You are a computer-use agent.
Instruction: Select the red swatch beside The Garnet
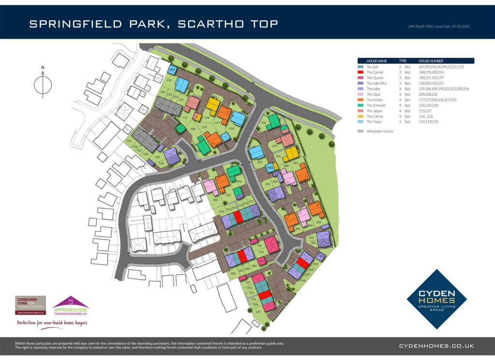360,72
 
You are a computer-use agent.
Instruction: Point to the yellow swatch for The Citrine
360,116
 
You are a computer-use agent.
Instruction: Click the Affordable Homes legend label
380,131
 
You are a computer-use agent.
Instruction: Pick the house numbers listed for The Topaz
429,122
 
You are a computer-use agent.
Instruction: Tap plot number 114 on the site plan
169,80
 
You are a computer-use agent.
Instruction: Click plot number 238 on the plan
263,123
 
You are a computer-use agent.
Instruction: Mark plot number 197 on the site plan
258,312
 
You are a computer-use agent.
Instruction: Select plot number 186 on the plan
233,274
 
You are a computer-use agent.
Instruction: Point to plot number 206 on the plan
319,222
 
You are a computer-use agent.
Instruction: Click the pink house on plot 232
210,186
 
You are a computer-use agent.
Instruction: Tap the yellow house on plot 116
213,104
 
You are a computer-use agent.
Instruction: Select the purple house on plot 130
171,156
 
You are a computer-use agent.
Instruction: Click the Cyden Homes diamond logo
437,299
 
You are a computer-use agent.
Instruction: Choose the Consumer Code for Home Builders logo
30,305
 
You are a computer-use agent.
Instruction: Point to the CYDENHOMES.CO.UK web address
436,346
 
